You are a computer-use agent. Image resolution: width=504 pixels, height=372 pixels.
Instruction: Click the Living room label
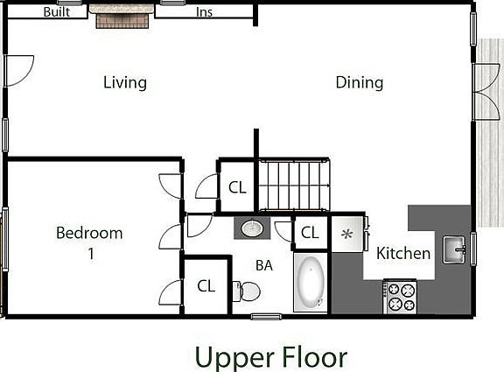tap(124, 83)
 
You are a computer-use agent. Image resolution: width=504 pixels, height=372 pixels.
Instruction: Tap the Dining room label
tap(360, 83)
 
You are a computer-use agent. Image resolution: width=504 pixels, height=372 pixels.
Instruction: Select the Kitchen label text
tap(403, 254)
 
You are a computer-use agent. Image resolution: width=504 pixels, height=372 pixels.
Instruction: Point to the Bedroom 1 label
tap(89, 243)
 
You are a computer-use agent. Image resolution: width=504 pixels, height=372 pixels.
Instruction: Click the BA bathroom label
tap(263, 264)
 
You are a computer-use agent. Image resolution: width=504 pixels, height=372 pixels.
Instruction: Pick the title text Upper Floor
tap(270, 356)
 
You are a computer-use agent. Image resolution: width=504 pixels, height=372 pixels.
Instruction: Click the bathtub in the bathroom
tap(311, 284)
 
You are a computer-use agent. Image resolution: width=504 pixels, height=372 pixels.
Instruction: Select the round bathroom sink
tap(252, 229)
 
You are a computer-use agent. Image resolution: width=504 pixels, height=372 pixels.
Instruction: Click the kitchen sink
tap(455, 249)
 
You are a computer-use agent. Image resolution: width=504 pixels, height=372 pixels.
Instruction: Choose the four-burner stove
tap(401, 297)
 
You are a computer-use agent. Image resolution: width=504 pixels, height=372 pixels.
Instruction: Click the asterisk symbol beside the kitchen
tap(346, 235)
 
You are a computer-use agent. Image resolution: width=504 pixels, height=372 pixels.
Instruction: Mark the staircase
tap(293, 185)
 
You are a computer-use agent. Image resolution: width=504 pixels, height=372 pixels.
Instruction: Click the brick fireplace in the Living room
tap(122, 19)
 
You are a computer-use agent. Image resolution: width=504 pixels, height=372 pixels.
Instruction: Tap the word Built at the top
tap(58, 12)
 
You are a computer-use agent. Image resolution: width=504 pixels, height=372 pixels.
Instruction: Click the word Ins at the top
tap(204, 12)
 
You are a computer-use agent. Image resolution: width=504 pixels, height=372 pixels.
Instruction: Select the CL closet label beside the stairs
tap(237, 187)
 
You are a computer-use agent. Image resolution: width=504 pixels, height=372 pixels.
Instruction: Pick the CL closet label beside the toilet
tap(206, 285)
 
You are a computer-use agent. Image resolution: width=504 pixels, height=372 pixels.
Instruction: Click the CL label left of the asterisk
tap(309, 233)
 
